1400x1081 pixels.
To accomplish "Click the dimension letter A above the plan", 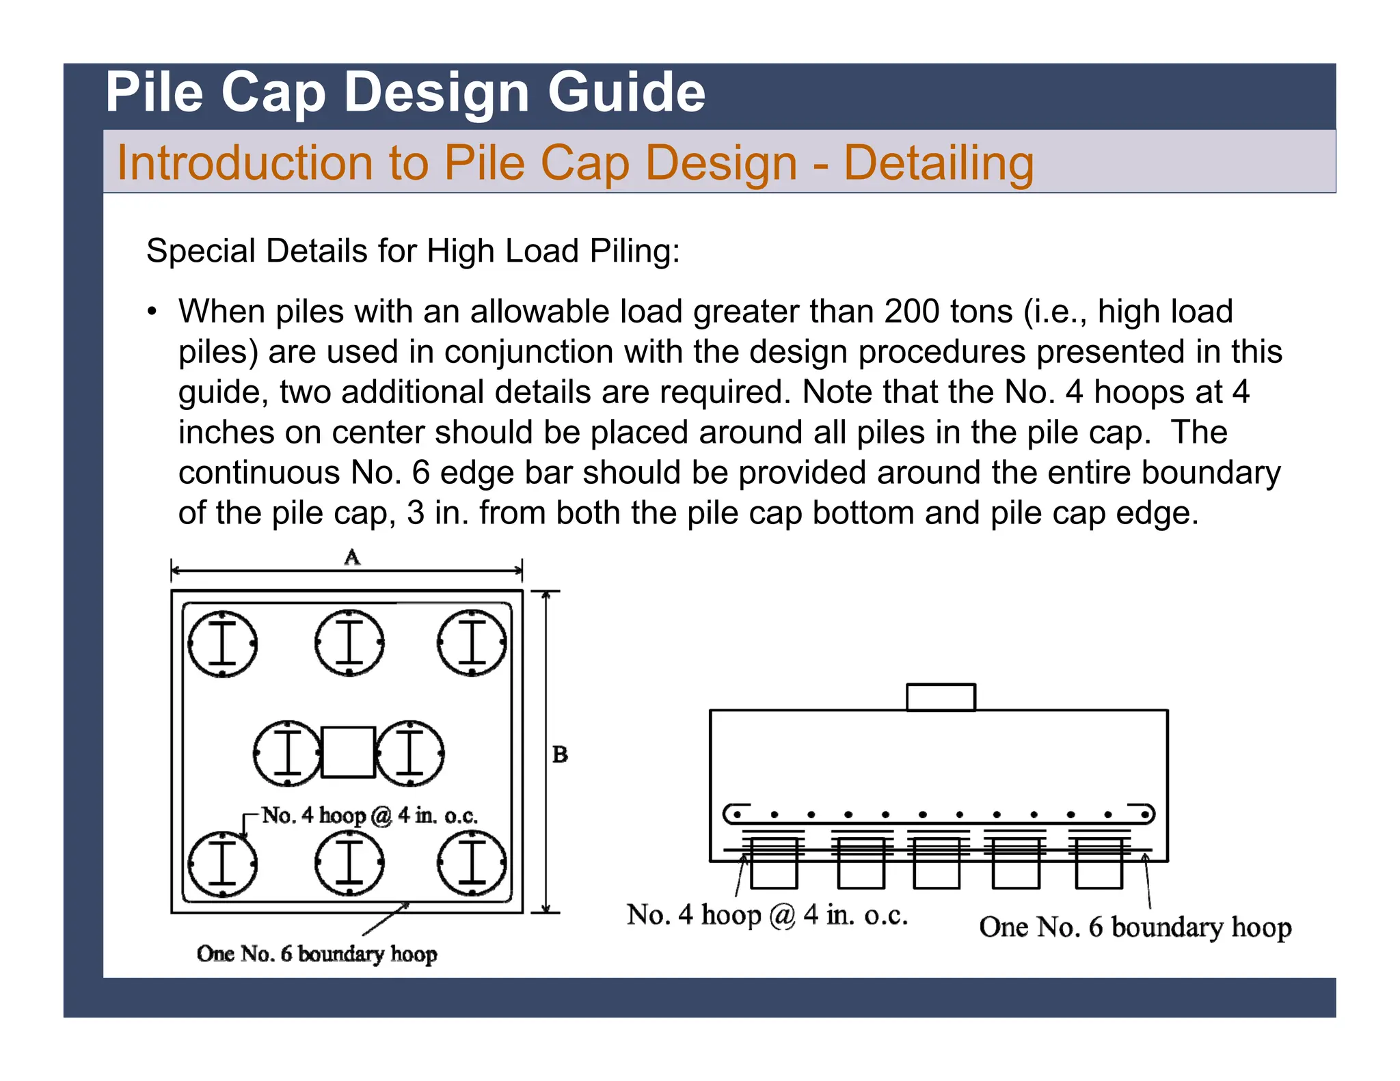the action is point(351,558).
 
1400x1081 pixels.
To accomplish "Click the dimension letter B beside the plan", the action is point(560,754).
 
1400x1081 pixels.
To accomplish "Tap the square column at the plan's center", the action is point(348,752).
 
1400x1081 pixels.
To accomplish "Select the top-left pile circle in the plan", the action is point(222,643).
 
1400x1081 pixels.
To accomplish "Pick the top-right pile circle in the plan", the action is point(472,643).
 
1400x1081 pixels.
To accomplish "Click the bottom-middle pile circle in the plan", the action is point(349,863).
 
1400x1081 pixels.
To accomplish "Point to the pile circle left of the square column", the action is point(287,753).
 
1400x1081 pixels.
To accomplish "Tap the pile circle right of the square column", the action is point(409,753).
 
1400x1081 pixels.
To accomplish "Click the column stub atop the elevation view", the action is point(941,697).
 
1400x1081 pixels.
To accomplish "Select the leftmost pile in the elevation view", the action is point(774,864).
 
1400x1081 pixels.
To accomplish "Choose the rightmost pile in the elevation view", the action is point(1099,864).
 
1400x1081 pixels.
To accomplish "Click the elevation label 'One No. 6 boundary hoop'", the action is point(1135,927).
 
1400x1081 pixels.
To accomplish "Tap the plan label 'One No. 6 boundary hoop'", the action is point(317,953).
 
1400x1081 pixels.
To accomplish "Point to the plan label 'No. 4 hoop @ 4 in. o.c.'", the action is point(369,815).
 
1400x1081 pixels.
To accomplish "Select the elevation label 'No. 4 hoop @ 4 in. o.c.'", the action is point(767,915).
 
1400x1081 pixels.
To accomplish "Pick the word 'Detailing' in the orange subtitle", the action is point(938,163).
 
